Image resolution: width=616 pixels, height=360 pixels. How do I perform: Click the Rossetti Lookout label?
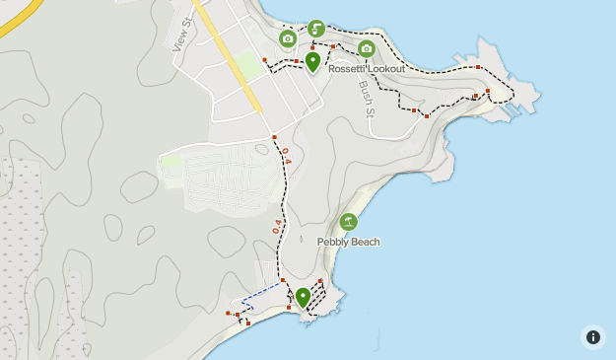[366, 68]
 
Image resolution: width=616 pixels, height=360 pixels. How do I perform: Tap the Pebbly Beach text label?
[348, 242]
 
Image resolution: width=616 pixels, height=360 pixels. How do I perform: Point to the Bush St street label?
[367, 96]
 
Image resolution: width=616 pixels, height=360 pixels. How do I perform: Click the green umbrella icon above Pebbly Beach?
[348, 222]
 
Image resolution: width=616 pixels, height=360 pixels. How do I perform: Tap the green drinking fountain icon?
[316, 29]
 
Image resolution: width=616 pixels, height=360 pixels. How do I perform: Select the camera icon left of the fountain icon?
[288, 38]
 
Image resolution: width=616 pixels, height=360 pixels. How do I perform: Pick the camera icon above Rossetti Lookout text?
[367, 48]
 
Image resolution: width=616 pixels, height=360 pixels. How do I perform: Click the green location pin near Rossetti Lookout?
[313, 62]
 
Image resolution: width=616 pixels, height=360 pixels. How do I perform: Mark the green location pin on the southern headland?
[304, 296]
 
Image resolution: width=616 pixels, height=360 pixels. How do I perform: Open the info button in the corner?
[592, 336]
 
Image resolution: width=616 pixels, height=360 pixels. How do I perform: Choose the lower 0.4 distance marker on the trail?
[278, 225]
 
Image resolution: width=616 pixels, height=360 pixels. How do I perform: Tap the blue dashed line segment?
[261, 289]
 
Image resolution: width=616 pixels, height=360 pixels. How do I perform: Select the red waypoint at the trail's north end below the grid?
[275, 136]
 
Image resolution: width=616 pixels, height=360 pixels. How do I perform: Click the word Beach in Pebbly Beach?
[365, 242]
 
